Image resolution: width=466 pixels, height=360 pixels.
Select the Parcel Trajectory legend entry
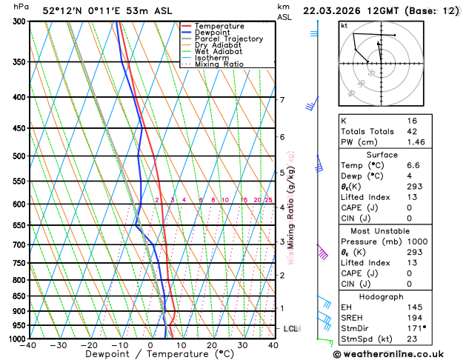tap(228, 39)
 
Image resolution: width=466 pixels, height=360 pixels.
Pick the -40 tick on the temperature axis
tap(30, 345)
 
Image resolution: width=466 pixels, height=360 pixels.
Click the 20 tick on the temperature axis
tap(212, 345)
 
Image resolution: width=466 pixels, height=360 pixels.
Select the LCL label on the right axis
tap(291, 328)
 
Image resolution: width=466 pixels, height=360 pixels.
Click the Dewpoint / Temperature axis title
tap(151, 354)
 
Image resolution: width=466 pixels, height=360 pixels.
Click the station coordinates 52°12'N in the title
tap(63, 10)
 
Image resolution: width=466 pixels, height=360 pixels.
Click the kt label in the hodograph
tap(344, 26)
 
